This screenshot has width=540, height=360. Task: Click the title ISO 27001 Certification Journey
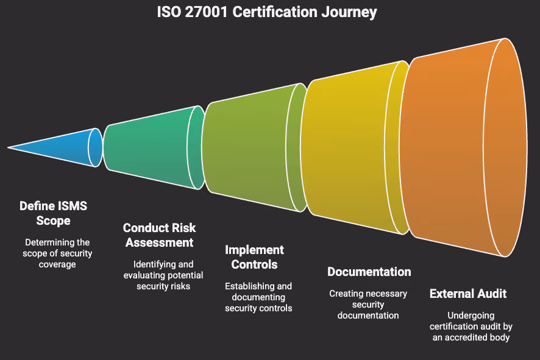[270, 12]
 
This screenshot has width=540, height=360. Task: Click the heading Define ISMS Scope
[54, 213]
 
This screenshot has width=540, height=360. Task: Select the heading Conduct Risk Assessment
[159, 235]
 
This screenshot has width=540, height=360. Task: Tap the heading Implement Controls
[254, 257]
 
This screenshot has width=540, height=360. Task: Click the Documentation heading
[369, 272]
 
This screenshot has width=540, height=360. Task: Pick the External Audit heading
[468, 294]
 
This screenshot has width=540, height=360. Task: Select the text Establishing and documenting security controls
[258, 297]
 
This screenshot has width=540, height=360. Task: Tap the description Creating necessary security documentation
[368, 304]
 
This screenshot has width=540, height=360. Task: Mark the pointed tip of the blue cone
[9, 147]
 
